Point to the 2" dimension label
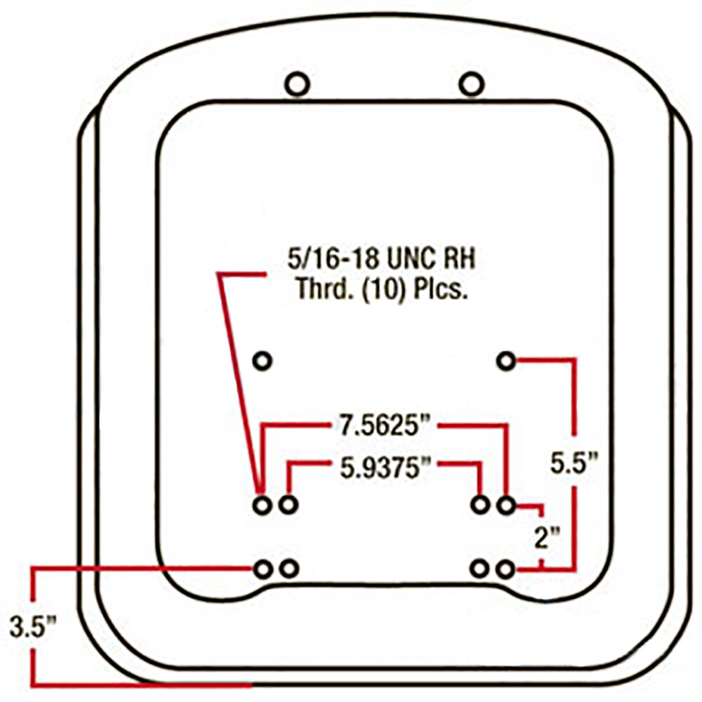click(x=545, y=538)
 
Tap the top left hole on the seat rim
click(x=296, y=85)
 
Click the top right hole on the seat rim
click(x=471, y=85)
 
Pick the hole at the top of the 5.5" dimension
click(x=506, y=361)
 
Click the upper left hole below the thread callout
click(x=263, y=361)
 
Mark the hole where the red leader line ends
click(x=263, y=505)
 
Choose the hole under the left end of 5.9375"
click(x=288, y=505)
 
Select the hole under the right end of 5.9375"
click(x=481, y=505)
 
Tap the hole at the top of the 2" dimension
click(x=506, y=505)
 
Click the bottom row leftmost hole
click(x=263, y=569)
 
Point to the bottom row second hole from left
click(x=288, y=569)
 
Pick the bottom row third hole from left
click(x=481, y=569)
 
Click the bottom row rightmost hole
click(x=506, y=569)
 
